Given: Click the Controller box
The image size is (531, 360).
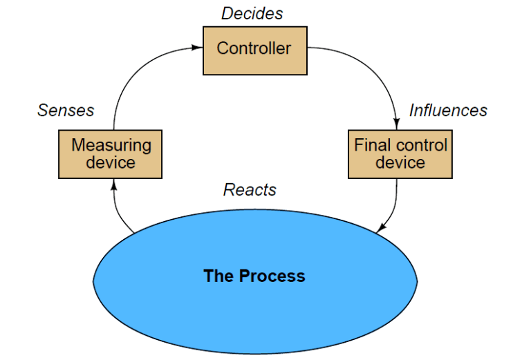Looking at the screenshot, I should pos(254,50).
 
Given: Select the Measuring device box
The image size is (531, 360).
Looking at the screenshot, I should pos(111,153).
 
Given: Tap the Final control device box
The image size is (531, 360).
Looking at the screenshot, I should pos(400,153).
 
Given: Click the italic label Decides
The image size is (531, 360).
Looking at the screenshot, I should pos(252,13).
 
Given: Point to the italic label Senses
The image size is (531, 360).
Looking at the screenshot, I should pos(66,111).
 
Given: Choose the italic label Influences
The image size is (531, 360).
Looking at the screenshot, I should pos(448,111).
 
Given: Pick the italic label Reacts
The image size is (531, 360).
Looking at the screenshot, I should pos(250,189).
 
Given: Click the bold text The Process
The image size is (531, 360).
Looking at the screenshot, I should pos(254,276).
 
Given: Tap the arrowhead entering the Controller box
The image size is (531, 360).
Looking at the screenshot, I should pos(198,48).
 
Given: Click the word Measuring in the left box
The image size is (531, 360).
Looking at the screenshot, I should pos(111,146).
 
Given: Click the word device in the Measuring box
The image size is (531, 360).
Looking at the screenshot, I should pos(111,163).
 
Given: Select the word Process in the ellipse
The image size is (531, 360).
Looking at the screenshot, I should pos(272,276).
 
